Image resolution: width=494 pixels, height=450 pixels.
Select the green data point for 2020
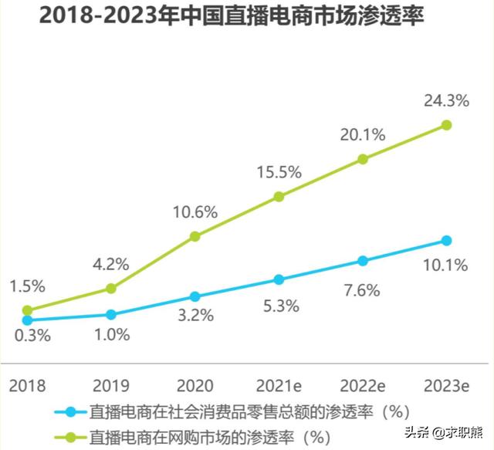[x=195, y=236]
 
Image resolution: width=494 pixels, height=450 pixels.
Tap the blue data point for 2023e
[x=446, y=241]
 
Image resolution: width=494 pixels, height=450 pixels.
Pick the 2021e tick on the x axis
[x=279, y=384]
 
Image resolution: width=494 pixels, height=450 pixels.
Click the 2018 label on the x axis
[x=27, y=384]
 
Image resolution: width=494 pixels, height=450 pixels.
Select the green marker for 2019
[x=111, y=289]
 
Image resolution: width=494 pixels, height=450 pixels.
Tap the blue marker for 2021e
[x=279, y=279]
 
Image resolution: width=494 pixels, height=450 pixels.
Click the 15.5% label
[x=279, y=172]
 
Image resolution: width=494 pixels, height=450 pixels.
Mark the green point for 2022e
[x=363, y=160]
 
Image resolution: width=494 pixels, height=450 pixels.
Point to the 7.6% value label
[x=361, y=290]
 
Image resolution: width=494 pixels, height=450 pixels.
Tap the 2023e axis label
[x=448, y=384]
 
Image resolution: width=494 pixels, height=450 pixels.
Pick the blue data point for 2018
[x=28, y=320]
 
